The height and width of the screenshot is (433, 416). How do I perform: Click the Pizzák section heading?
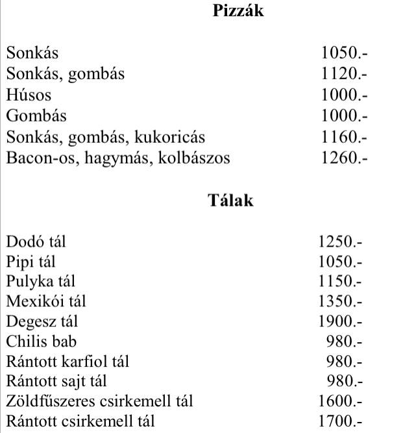238,11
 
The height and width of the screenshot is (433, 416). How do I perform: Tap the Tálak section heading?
231,200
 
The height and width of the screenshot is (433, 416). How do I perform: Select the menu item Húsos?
29,95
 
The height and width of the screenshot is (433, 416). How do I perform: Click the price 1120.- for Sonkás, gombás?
344,74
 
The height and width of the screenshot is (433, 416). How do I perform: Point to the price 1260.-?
344,157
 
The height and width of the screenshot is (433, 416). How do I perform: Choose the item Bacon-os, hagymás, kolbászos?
118,157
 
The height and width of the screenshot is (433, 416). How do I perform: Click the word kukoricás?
171,137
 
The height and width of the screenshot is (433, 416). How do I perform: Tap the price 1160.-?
344,137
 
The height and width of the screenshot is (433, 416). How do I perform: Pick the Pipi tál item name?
31,262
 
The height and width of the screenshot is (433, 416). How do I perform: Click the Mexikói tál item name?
46,302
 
